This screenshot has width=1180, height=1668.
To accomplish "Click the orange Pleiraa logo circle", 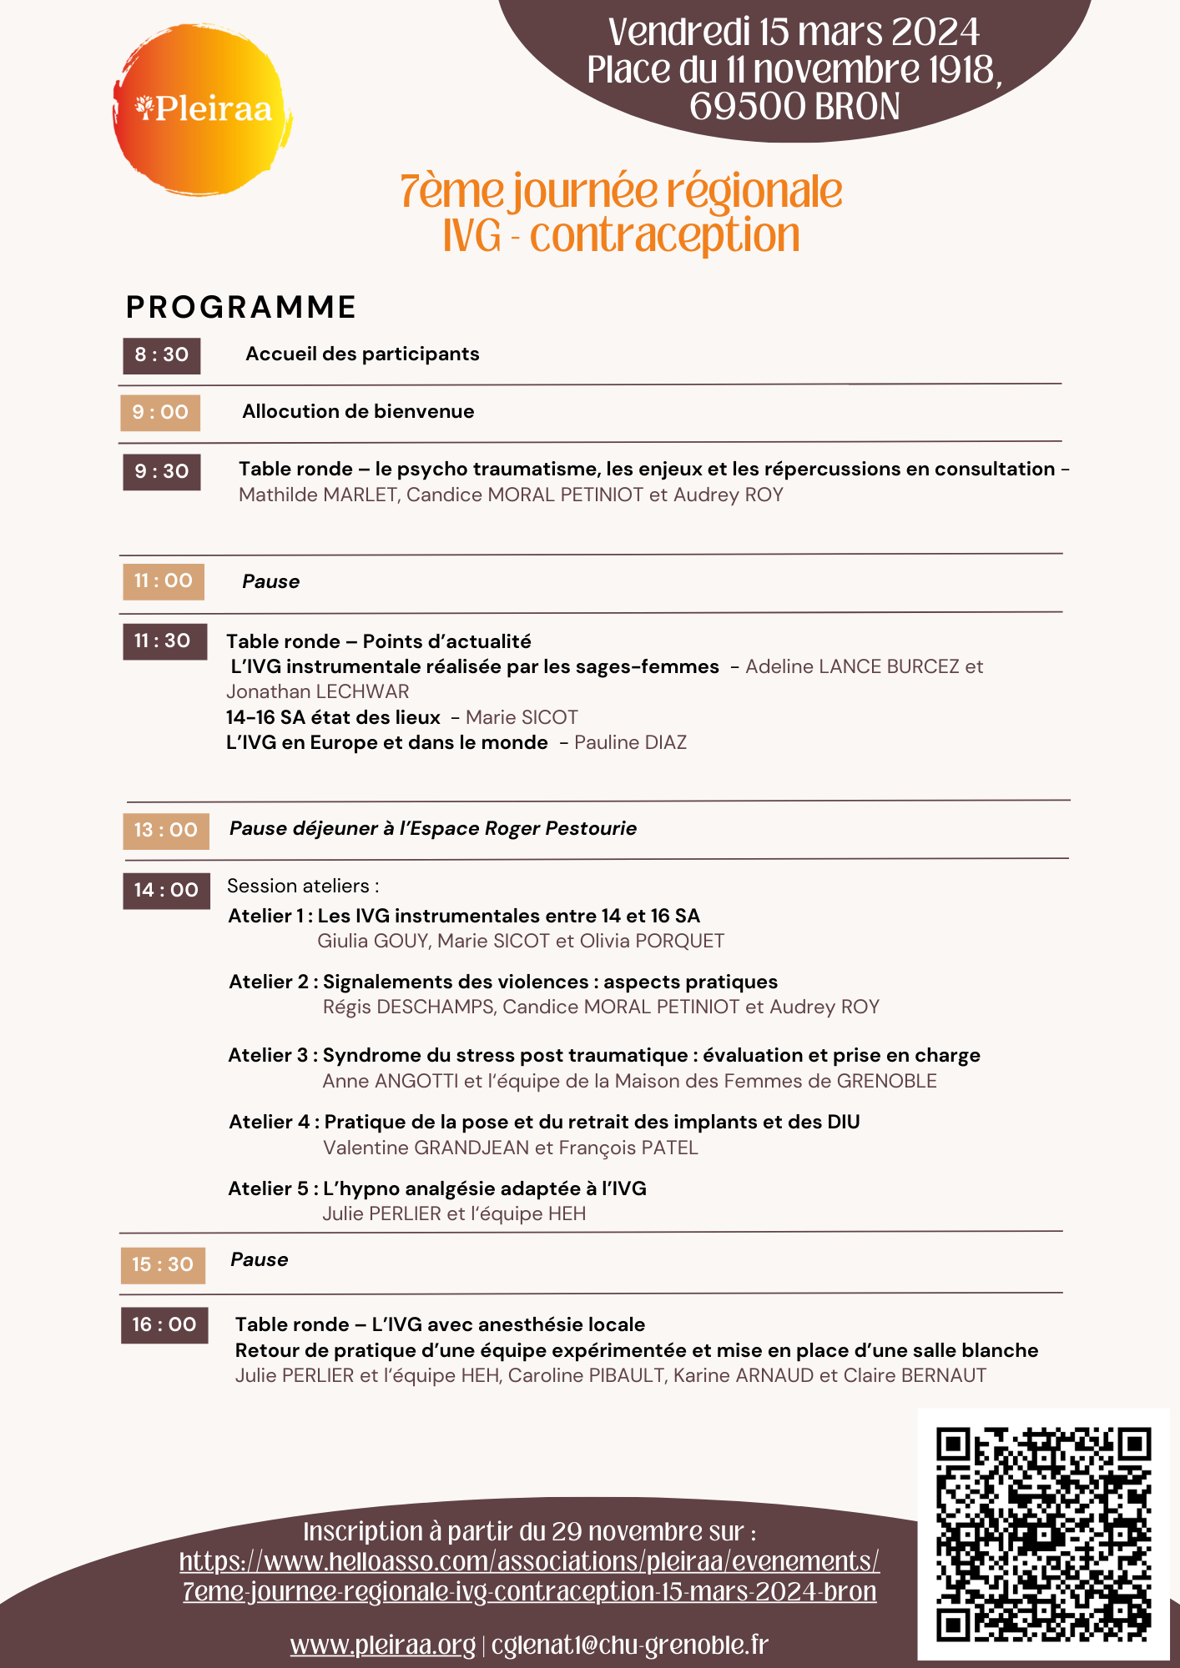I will tap(203, 109).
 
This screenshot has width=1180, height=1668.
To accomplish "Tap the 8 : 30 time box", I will tap(162, 355).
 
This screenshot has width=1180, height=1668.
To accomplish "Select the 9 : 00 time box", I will tap(160, 413).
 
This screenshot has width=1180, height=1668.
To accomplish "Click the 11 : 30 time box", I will tap(164, 641).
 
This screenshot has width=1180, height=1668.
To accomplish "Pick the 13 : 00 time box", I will tap(166, 831).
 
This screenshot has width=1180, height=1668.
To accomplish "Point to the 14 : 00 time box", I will tap(166, 891).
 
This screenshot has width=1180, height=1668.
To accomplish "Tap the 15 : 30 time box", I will tap(163, 1265).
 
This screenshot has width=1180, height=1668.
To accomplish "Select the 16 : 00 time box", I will tap(164, 1325).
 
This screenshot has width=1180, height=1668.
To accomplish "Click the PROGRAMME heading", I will tap(241, 308).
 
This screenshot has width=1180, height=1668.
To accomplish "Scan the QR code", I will tap(1043, 1534).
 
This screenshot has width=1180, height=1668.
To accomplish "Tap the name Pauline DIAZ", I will tap(630, 743).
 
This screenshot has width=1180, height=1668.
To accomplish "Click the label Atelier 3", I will tap(268, 1056).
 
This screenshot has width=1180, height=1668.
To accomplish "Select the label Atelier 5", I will tap(268, 1189).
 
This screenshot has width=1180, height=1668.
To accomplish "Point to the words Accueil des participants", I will tap(362, 354).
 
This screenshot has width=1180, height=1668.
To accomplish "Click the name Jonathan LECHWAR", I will tap(318, 692).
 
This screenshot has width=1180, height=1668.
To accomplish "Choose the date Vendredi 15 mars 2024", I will tap(794, 33).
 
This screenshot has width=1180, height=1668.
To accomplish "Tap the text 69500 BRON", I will tap(794, 107).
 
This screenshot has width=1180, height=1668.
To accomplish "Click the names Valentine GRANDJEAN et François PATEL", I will tap(511, 1148).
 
